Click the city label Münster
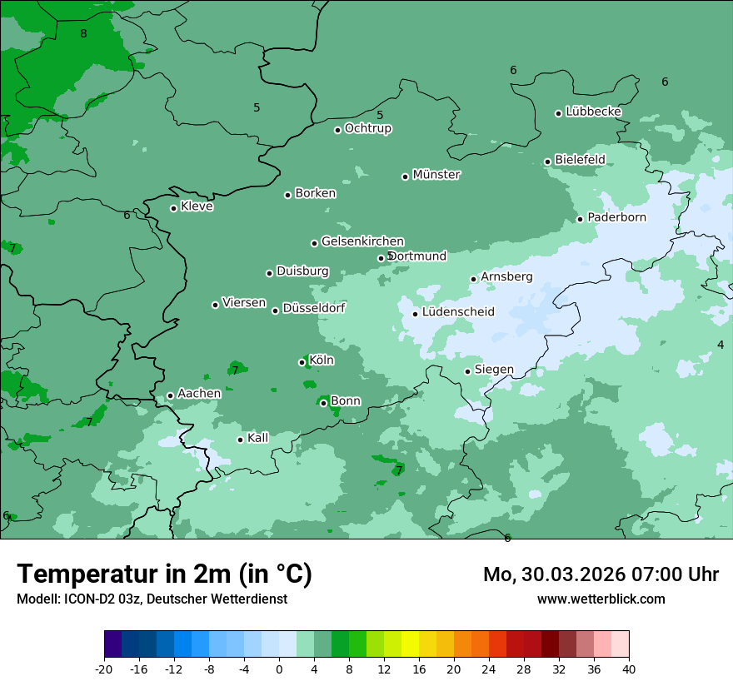pyautogui.click(x=436, y=175)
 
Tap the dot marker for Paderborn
pyautogui.click(x=581, y=219)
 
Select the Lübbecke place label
pyautogui.click(x=593, y=112)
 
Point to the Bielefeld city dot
pyautogui.click(x=548, y=162)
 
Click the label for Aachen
pyautogui.click(x=199, y=394)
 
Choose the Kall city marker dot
pyautogui.click(x=241, y=440)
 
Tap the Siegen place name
pyautogui.click(x=494, y=370)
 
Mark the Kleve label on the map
pyautogui.click(x=197, y=206)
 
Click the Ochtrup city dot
pyautogui.click(x=338, y=130)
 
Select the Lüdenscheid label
pyautogui.click(x=458, y=312)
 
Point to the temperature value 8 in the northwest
pyautogui.click(x=83, y=33)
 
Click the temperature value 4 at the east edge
pyautogui.click(x=721, y=345)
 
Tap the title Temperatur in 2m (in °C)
pyautogui.click(x=164, y=574)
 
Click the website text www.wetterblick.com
pyautogui.click(x=601, y=599)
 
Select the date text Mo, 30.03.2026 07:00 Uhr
pyautogui.click(x=601, y=574)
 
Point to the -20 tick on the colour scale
pyautogui.click(x=104, y=669)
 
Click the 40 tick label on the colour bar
pyautogui.click(x=629, y=669)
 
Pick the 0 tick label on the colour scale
pyautogui.click(x=279, y=669)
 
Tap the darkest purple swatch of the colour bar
pyautogui.click(x=113, y=644)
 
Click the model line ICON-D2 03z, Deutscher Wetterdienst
pyautogui.click(x=152, y=599)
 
